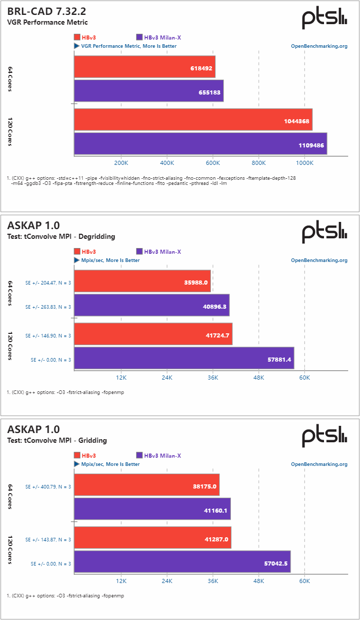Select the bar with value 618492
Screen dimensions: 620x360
[145, 67]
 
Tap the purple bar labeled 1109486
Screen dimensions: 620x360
[201, 144]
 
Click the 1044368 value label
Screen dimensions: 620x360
[296, 121]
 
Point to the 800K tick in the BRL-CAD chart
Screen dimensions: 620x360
[259, 163]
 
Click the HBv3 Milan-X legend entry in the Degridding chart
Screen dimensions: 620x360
[158, 252]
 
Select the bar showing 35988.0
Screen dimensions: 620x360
[142, 281]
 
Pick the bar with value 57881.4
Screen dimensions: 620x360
[184, 358]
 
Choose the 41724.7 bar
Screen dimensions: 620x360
[153, 334]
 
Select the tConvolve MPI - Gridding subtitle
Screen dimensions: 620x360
[57, 440]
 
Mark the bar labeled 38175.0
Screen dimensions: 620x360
[147, 485]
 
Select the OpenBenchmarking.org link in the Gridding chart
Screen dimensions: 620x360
[319, 464]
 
